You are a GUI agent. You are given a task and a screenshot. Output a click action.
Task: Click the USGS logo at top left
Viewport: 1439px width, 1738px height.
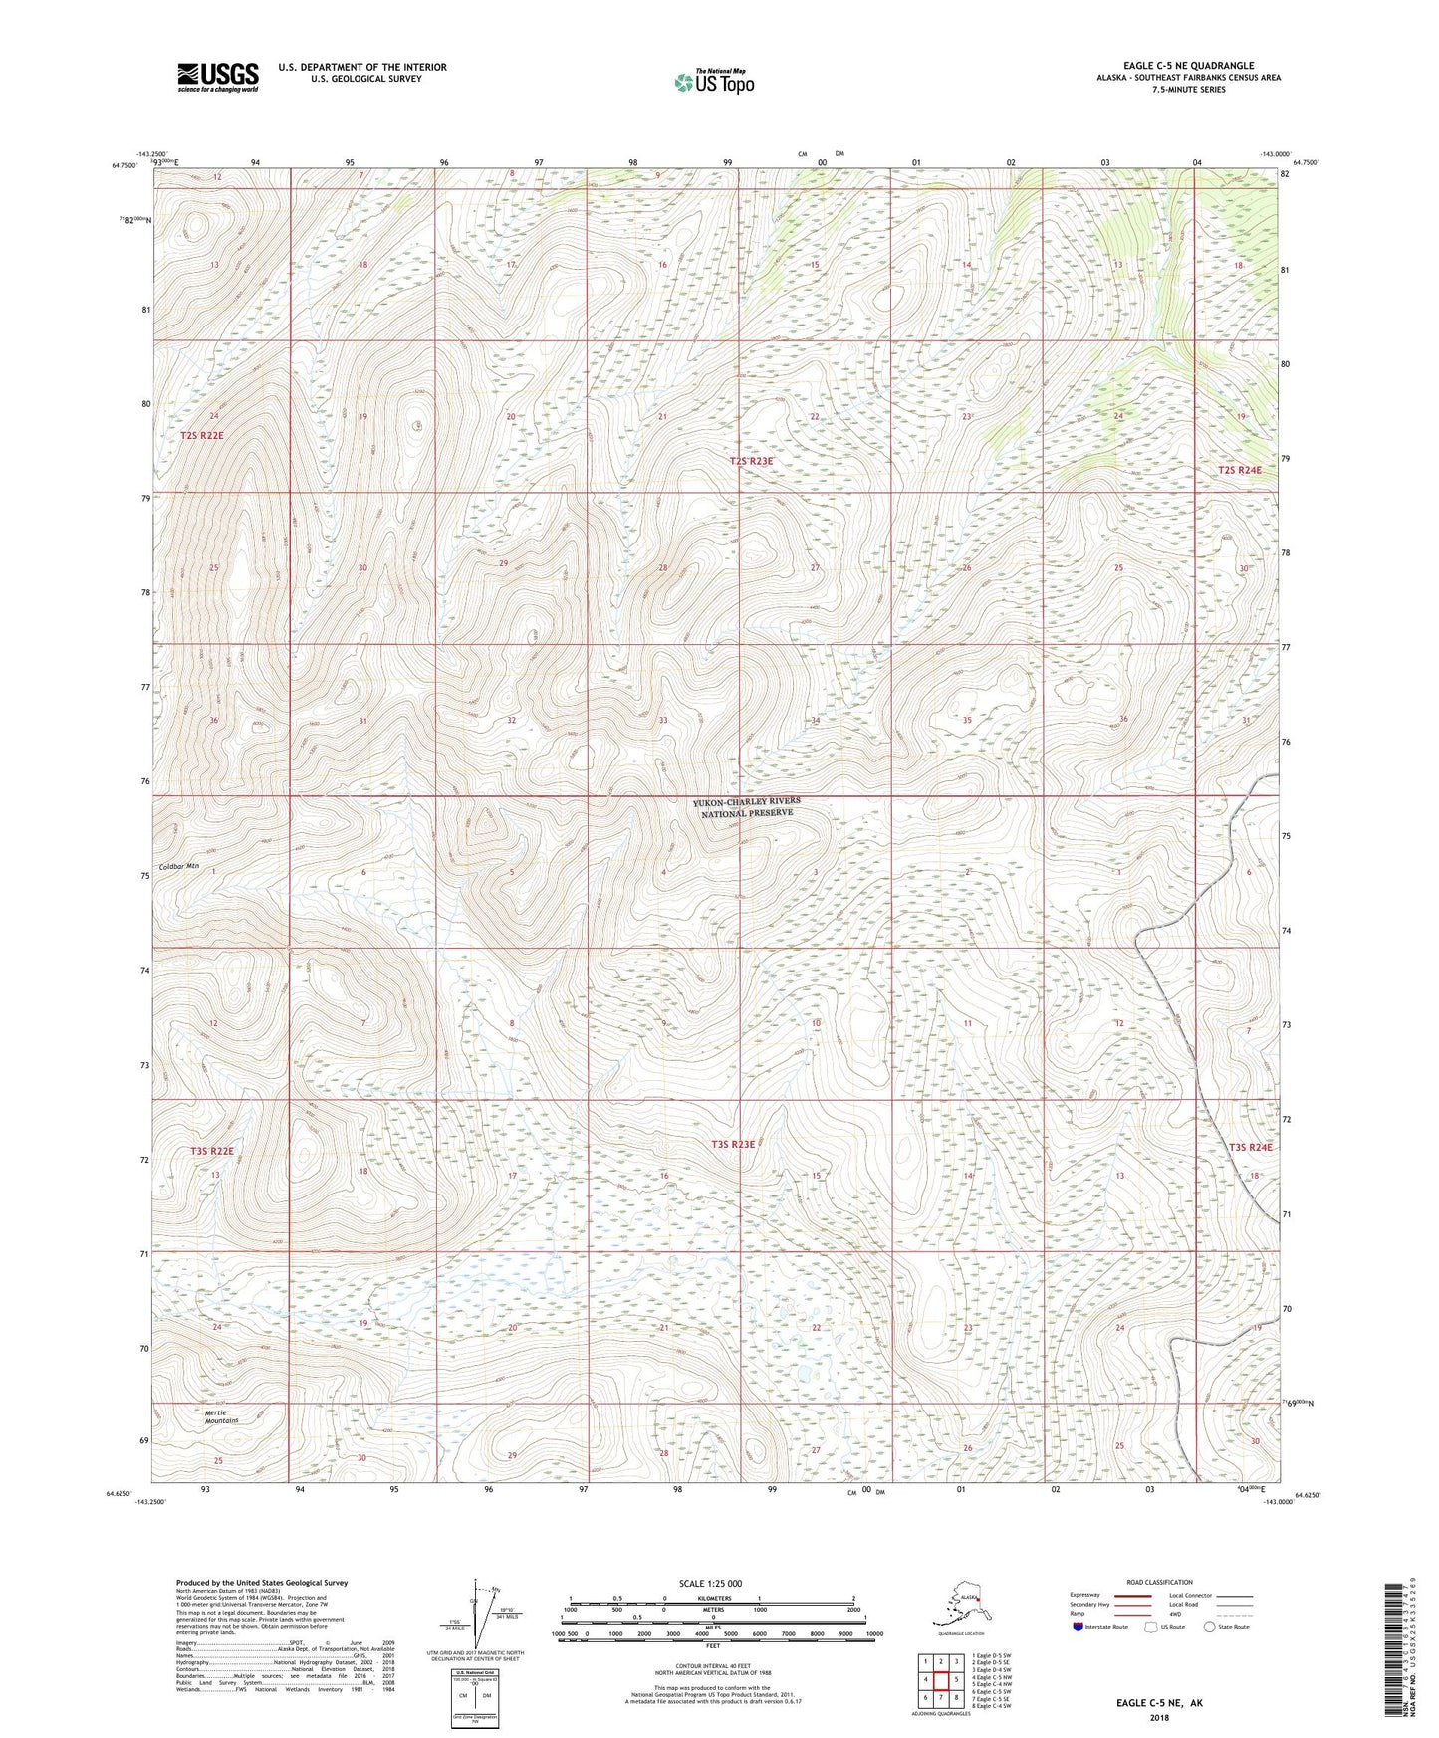point(217,77)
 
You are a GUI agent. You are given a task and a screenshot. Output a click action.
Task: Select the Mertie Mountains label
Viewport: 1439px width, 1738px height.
point(222,1416)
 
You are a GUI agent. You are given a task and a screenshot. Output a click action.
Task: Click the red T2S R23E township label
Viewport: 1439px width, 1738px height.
point(751,462)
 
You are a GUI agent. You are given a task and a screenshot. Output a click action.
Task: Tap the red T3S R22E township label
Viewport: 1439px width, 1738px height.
point(211,1151)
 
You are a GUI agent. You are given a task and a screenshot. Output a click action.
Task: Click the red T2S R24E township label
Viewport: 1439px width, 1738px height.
point(1239,470)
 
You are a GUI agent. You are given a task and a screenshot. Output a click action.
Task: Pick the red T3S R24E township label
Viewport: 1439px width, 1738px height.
point(1250,1147)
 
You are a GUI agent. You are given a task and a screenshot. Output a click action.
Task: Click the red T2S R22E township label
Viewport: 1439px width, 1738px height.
point(201,436)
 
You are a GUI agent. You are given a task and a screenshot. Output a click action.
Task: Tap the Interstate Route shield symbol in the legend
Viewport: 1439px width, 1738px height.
point(1079,1626)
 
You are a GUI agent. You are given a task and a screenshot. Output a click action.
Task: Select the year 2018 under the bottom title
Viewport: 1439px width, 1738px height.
point(1159,1717)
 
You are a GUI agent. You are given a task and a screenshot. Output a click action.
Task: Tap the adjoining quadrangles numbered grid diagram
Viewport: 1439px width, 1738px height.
point(940,1679)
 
